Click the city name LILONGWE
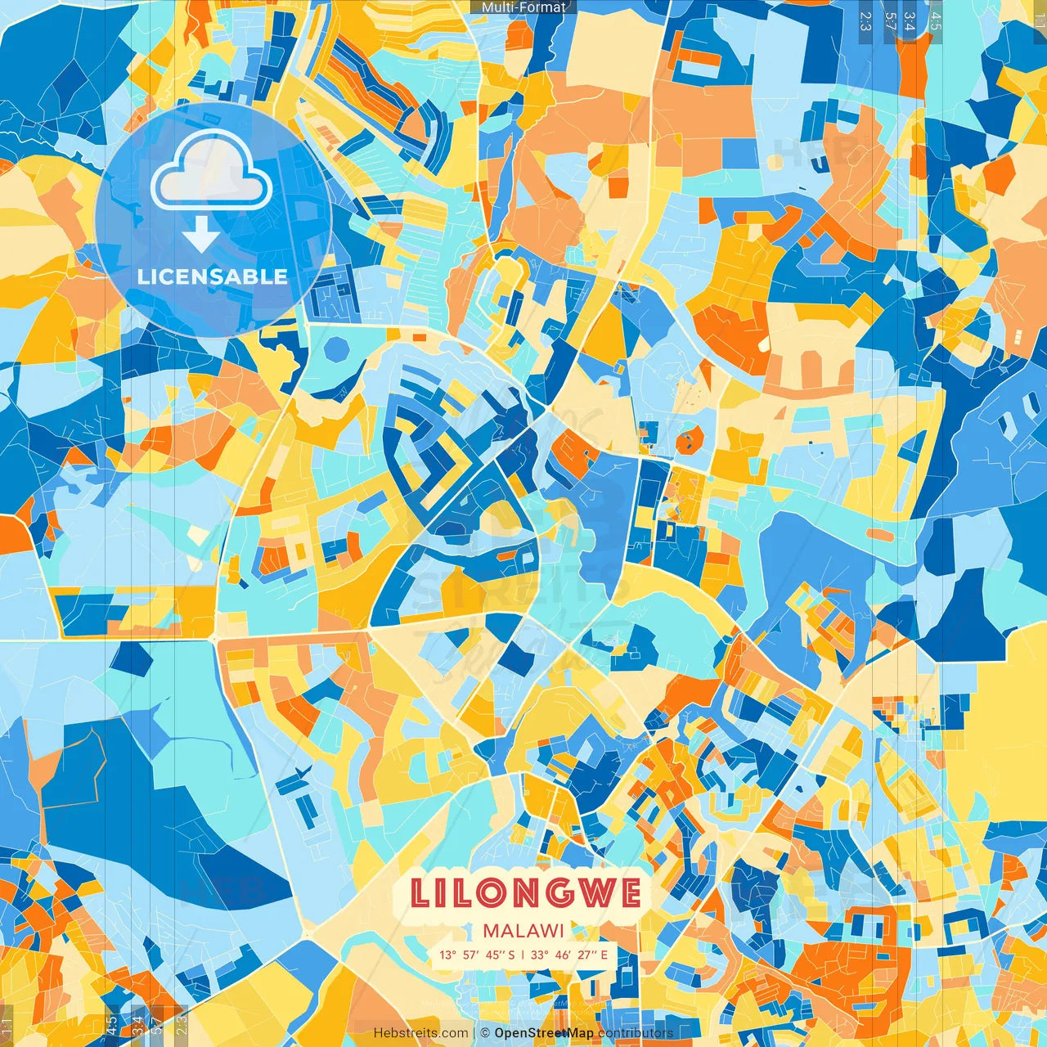coord(525,892)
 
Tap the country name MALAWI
coord(523,931)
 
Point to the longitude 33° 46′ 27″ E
coord(569,955)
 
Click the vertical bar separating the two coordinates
coord(523,955)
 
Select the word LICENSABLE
coord(213,276)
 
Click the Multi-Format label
coord(523,7)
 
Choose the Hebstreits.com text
coord(421,1033)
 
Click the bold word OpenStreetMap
coord(544,1033)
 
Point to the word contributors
coord(636,1033)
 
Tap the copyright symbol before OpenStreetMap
coord(485,1033)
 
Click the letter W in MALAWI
coord(546,931)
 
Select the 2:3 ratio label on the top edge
coord(865,20)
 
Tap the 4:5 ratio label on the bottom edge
coord(112,1022)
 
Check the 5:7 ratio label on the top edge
coord(890,20)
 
